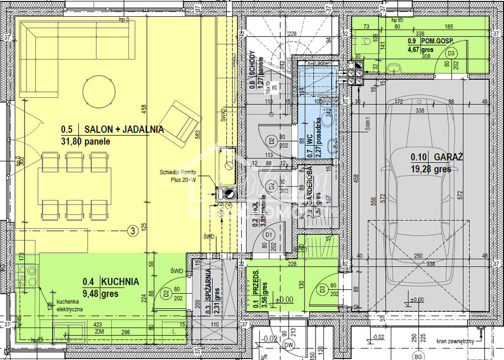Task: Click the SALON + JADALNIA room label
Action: (124, 130)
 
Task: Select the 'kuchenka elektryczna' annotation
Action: (69, 305)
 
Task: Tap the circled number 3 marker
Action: (132, 230)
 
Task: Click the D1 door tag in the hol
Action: (269, 236)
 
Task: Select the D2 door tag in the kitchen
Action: (165, 294)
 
